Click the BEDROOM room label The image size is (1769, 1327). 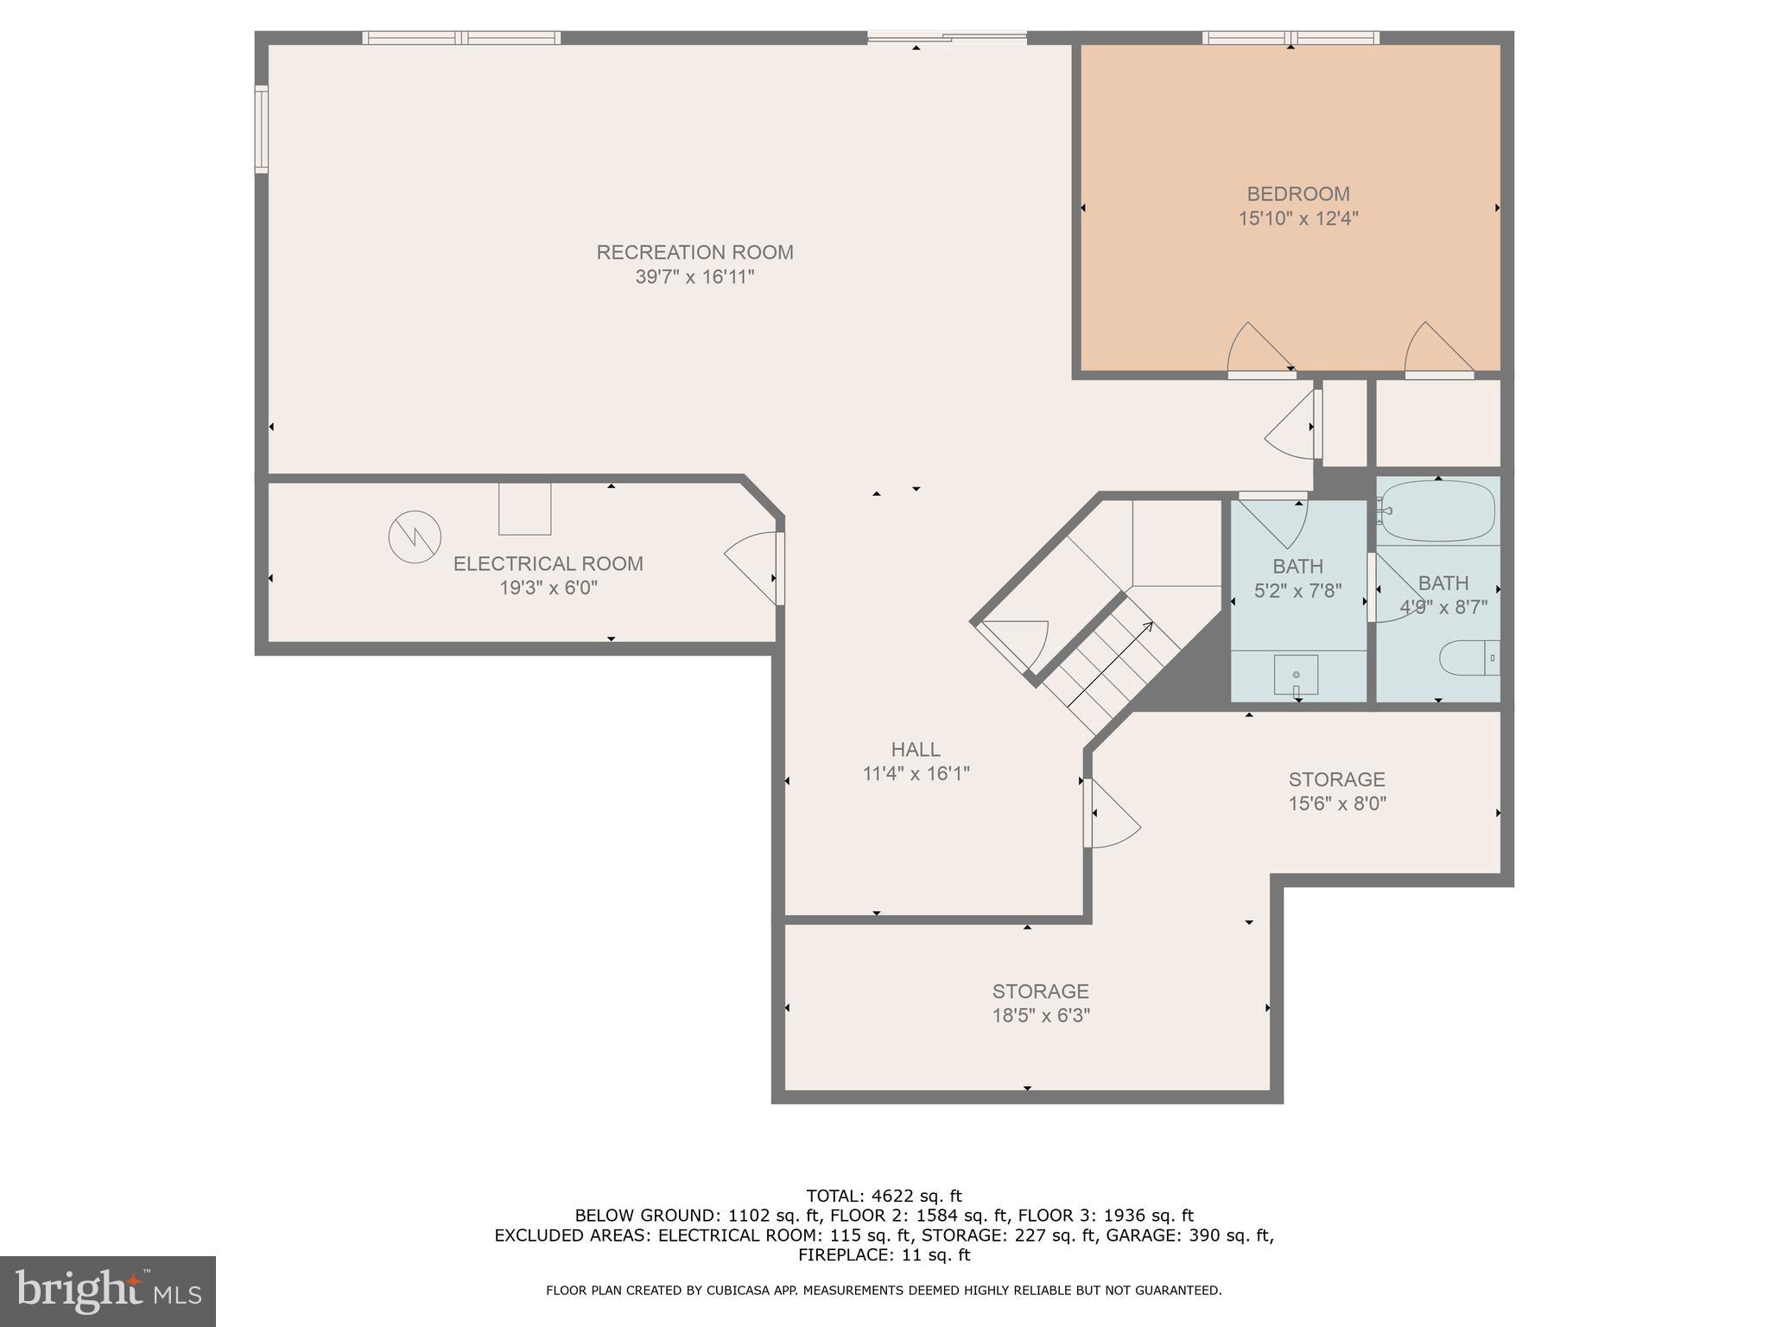click(x=1297, y=194)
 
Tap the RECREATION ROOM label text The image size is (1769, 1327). click(x=694, y=252)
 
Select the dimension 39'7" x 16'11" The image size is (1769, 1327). click(x=694, y=277)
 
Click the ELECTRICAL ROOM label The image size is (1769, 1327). click(x=548, y=563)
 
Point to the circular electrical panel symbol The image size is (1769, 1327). click(x=415, y=537)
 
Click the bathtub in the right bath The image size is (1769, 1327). click(x=1437, y=511)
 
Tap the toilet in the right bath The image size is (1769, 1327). click(x=1467, y=658)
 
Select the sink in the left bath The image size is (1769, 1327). click(x=1296, y=675)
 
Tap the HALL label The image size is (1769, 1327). click(x=916, y=749)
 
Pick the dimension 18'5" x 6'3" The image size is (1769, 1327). click(x=1040, y=1015)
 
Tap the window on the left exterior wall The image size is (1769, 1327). click(x=261, y=129)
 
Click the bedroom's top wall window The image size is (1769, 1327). click(x=1290, y=37)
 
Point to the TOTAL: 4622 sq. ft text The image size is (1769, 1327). click(x=884, y=1196)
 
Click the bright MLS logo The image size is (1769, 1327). click(x=107, y=1291)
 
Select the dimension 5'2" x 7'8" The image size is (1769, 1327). click(x=1297, y=591)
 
